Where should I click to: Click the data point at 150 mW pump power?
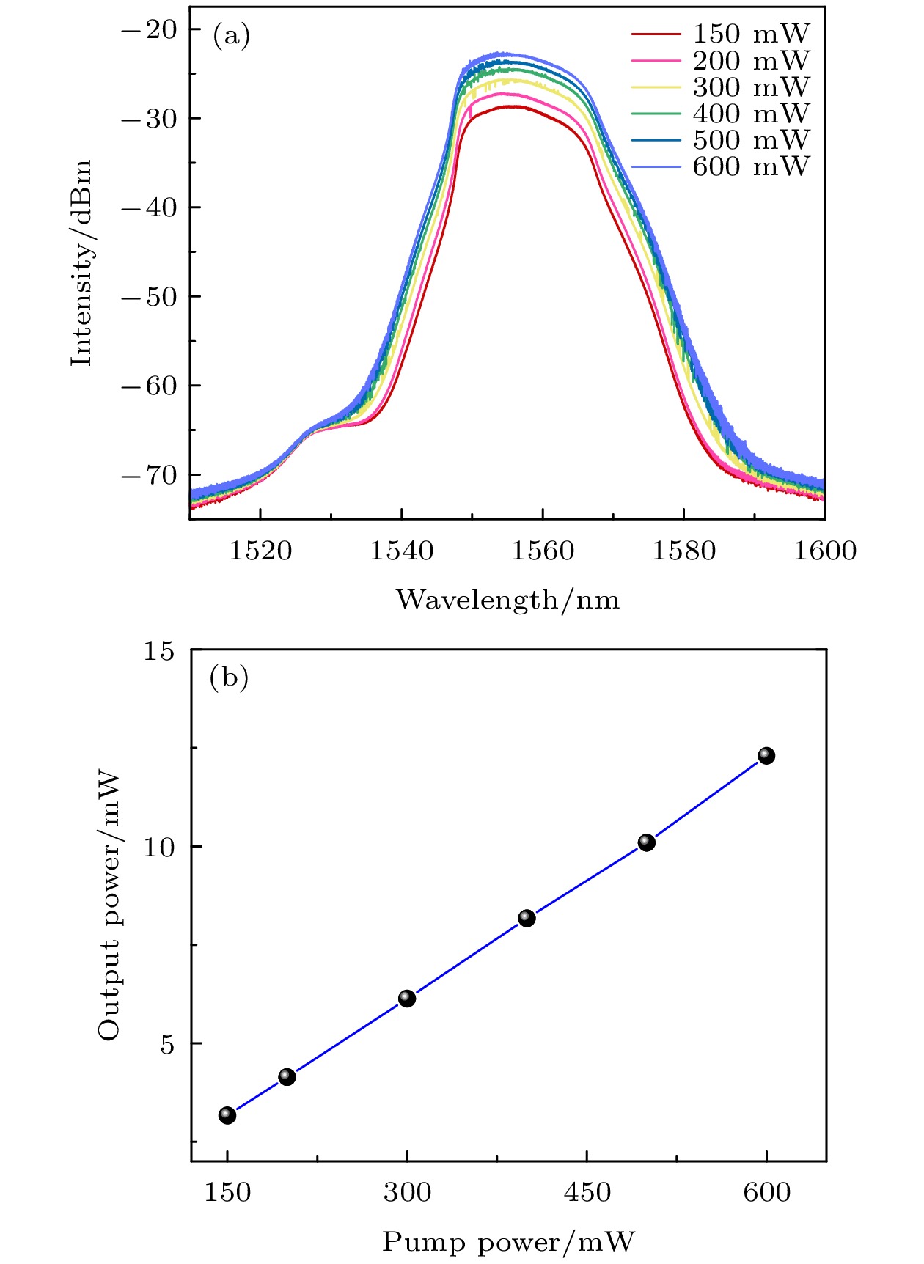pyautogui.click(x=227, y=1115)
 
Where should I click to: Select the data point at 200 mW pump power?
pyautogui.click(x=287, y=1076)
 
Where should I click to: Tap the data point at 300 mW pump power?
pyautogui.click(x=407, y=998)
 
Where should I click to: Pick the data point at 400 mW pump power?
pyautogui.click(x=527, y=918)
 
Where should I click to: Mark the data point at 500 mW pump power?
pyautogui.click(x=646, y=842)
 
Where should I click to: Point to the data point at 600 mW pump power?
pyautogui.click(x=766, y=755)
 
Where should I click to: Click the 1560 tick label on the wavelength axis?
pyautogui.click(x=543, y=551)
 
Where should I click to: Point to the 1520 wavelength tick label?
pyautogui.click(x=260, y=551)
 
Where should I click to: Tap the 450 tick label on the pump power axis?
pyautogui.click(x=587, y=1192)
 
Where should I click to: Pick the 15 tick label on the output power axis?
pyautogui.click(x=158, y=650)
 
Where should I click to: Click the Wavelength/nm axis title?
pyautogui.click(x=507, y=600)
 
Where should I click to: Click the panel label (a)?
pyautogui.click(x=231, y=34)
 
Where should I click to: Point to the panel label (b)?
pyautogui.click(x=230, y=677)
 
